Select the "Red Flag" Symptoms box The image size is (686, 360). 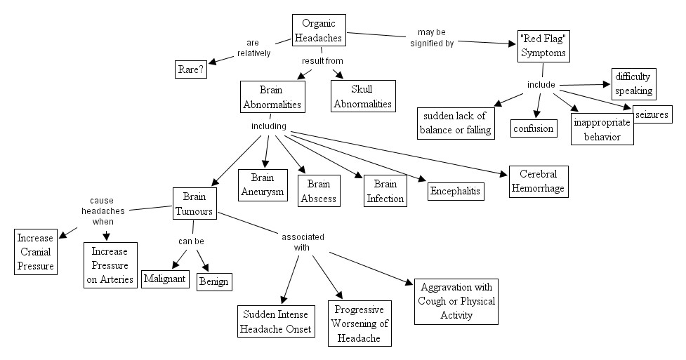coord(542,46)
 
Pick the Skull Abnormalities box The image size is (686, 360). coord(362,96)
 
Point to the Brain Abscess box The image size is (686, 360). coord(319,191)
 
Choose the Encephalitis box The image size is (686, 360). coord(456,190)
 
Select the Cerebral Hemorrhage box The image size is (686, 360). coord(537,181)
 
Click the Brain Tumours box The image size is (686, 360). coord(194,204)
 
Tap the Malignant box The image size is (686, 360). coord(165,279)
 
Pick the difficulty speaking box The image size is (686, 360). coord(633,84)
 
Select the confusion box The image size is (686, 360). coord(533,128)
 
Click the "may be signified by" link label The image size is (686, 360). coord(432,37)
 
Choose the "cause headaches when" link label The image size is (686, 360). coord(102,211)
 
